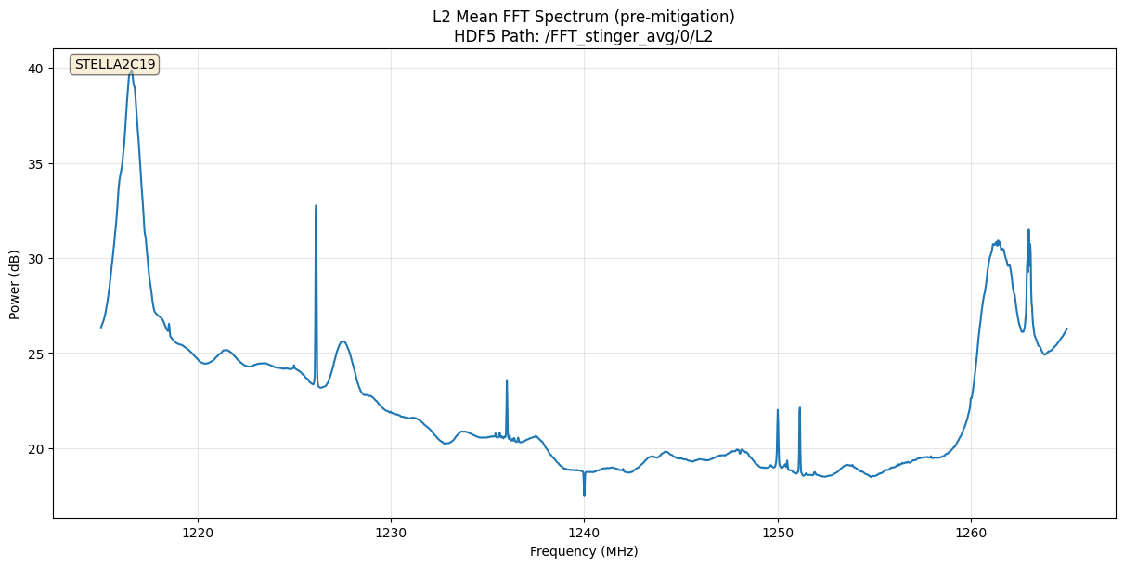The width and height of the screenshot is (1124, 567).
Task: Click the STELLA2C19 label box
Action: click(115, 65)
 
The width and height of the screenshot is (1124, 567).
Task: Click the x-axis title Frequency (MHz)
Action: click(584, 551)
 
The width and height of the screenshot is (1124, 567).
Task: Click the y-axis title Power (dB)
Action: click(15, 285)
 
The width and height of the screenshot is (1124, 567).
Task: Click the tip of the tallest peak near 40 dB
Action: click(131, 70)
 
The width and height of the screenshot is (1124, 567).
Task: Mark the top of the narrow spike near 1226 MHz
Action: click(316, 206)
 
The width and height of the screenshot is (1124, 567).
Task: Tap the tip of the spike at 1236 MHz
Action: click(507, 380)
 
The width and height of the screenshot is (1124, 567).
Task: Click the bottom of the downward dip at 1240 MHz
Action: click(584, 496)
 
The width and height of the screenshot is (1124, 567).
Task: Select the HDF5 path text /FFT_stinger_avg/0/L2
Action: click(636, 36)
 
